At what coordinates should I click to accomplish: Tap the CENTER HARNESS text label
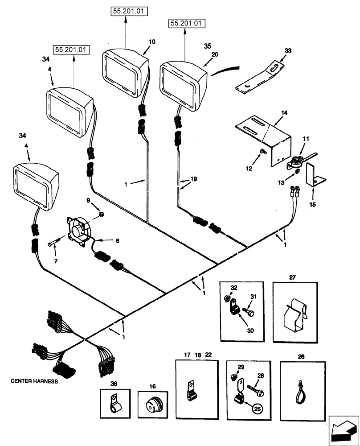[x=35, y=382]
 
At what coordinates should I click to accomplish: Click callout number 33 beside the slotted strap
[x=287, y=51]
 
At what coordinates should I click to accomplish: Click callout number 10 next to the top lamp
[x=152, y=41]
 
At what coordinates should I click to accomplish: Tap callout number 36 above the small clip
[x=114, y=383]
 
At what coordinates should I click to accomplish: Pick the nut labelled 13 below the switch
[x=296, y=171]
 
